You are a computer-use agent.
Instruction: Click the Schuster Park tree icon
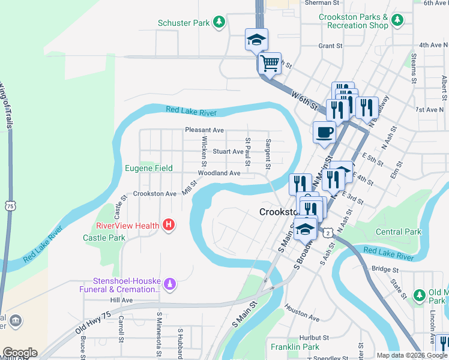point(219,23)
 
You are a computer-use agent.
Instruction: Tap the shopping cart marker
point(270,62)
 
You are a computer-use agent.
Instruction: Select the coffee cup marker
point(324,133)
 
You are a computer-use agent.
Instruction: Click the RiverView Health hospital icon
point(169,226)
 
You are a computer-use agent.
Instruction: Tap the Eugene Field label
point(148,169)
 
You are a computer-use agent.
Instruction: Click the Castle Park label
point(104,238)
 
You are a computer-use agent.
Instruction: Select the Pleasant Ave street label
point(204,130)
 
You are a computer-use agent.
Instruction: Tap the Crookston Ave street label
point(155,194)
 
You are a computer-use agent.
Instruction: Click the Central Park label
point(399,232)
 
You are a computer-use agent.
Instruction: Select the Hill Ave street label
point(121,299)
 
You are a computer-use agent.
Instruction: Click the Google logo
point(19,353)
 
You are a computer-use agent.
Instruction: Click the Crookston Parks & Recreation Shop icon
point(397,21)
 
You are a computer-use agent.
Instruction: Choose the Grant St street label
point(330,46)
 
